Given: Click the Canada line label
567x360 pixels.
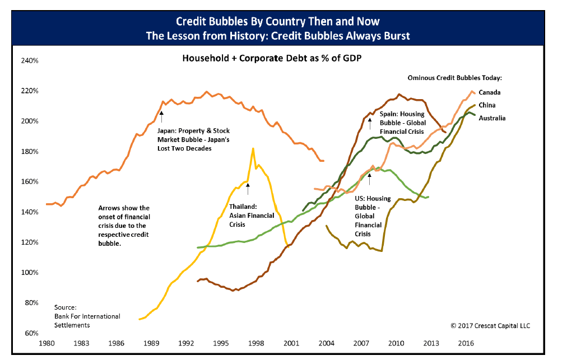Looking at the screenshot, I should pyautogui.click(x=489, y=92).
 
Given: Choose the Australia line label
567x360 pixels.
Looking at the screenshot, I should pyautogui.click(x=492, y=118).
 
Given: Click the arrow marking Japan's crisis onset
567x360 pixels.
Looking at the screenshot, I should pyautogui.click(x=161, y=116).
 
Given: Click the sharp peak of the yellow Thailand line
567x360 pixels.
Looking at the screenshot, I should pyautogui.click(x=253, y=148).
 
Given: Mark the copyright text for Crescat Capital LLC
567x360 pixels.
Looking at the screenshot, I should pyautogui.click(x=490, y=325).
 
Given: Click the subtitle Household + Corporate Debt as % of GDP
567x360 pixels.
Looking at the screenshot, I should pyautogui.click(x=271, y=58).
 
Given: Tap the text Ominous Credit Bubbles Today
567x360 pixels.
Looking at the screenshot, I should pyautogui.click(x=454, y=77).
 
